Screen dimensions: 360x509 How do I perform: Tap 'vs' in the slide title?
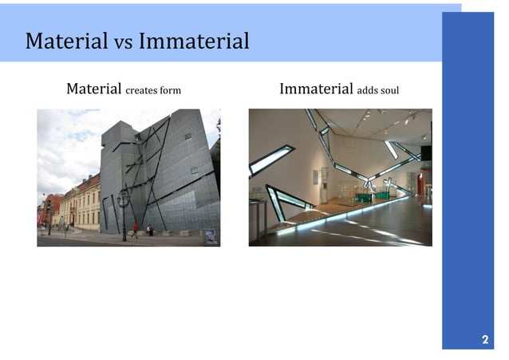click(123, 42)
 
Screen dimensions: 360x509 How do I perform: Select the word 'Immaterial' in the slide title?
click(194, 41)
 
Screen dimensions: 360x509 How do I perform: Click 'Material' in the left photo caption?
click(94, 89)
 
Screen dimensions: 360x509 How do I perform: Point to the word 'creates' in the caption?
click(143, 90)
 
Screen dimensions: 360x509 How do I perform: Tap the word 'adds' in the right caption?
click(368, 90)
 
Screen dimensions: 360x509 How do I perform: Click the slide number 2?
click(484, 340)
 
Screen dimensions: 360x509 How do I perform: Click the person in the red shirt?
click(135, 230)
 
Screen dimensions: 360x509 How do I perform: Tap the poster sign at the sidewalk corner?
click(210, 235)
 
